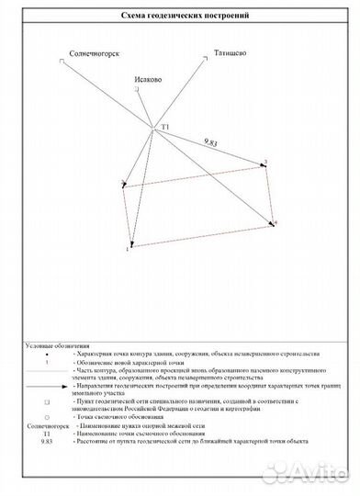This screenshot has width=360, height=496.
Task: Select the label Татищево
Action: [x=230, y=53]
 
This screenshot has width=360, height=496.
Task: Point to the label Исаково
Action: [x=148, y=80]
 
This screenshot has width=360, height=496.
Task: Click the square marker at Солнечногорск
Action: [x=62, y=62]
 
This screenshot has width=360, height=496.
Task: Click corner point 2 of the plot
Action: [x=263, y=165]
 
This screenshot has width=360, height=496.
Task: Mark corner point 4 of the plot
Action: [x=272, y=222]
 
